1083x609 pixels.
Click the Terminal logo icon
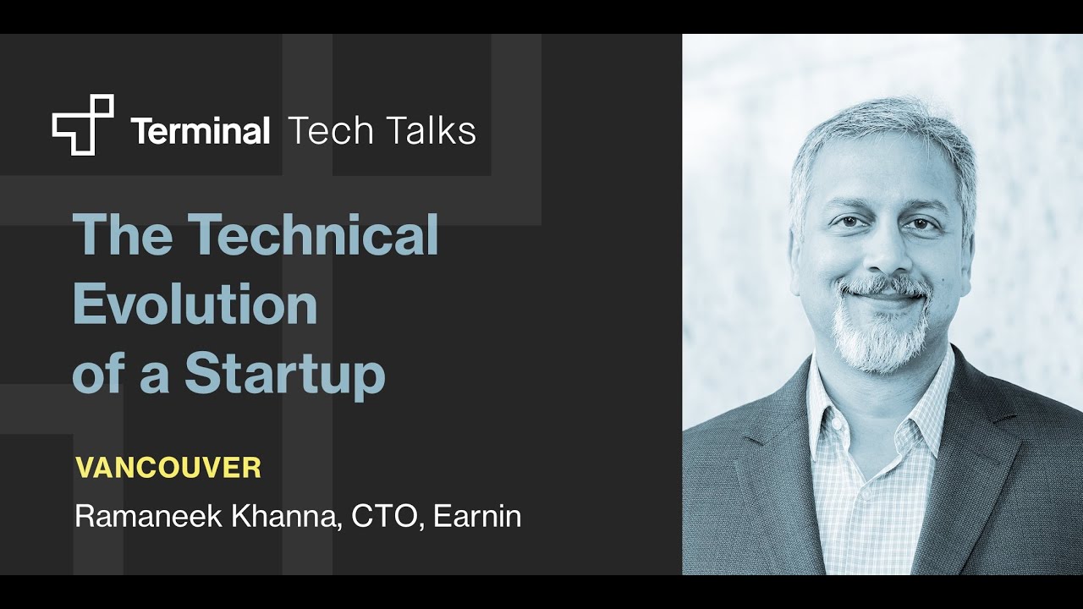coord(83,124)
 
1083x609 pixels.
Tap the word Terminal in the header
coord(201,131)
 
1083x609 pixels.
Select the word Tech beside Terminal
coord(331,131)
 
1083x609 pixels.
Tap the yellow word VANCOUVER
coord(168,468)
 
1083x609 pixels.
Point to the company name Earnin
coord(477,517)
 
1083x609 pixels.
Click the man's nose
coord(881,254)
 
